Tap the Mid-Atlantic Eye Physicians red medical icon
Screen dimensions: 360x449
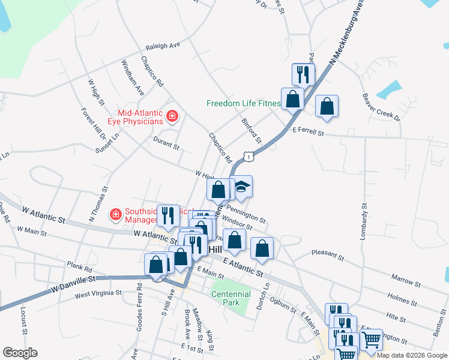(172, 115)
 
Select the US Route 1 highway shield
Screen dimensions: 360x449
(247, 156)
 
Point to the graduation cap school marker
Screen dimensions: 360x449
(241, 188)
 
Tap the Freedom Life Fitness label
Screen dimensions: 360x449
(243, 103)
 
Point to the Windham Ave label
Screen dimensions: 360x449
(133, 78)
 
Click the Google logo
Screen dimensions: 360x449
(20, 353)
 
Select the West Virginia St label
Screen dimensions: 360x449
(98, 293)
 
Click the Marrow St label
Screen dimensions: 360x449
(405, 280)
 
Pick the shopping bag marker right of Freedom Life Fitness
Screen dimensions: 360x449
(327, 107)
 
